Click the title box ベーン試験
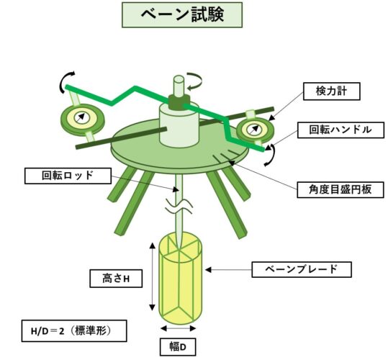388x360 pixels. (x=182, y=15)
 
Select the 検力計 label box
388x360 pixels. (x=332, y=91)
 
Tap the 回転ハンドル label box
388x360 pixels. (x=340, y=130)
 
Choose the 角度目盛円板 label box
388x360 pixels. (x=340, y=190)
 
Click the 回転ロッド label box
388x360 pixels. (x=68, y=176)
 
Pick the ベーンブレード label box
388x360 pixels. (x=302, y=269)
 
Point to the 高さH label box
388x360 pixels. (x=116, y=279)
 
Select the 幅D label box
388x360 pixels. (x=178, y=347)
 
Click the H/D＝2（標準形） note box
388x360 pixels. (x=74, y=331)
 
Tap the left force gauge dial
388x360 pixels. (x=82, y=120)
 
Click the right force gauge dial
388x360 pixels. (x=255, y=130)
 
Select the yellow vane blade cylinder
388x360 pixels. (x=180, y=279)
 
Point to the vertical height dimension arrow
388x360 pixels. (x=153, y=276)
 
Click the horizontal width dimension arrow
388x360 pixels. (x=179, y=328)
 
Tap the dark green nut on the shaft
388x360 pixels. (x=179, y=102)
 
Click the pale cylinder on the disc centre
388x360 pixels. (x=179, y=125)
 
